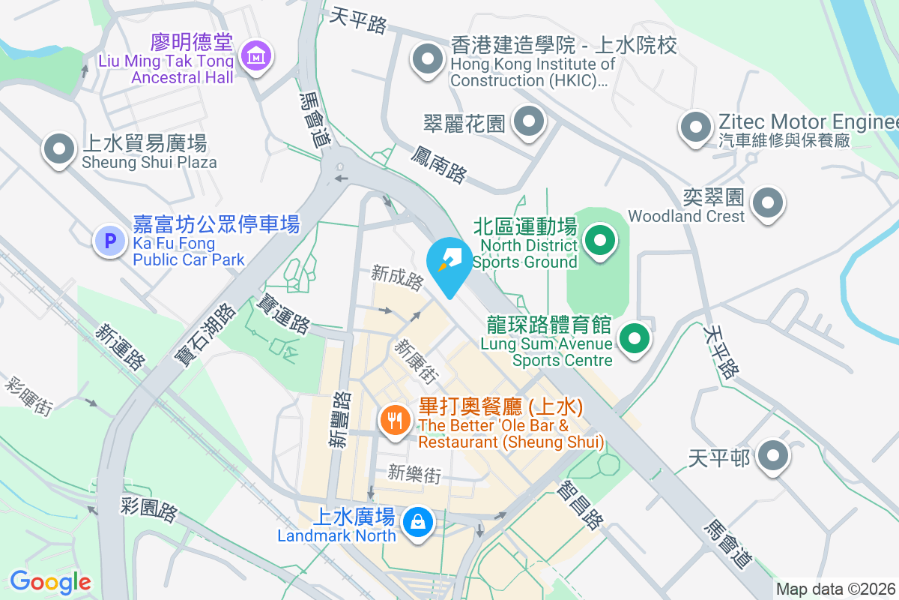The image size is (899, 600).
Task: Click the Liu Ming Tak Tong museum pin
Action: [x=257, y=56]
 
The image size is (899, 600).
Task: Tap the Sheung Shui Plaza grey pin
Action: [x=59, y=149]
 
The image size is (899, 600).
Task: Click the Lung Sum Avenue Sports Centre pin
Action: [x=635, y=339]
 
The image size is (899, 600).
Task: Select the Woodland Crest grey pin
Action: [x=768, y=203]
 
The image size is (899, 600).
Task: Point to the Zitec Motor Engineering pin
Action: [x=696, y=127]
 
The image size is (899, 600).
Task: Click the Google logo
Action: [x=50, y=581]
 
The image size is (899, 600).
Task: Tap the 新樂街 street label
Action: [x=414, y=474]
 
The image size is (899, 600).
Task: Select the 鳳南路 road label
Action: [x=438, y=163]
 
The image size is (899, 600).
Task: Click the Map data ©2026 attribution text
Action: [x=835, y=589]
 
